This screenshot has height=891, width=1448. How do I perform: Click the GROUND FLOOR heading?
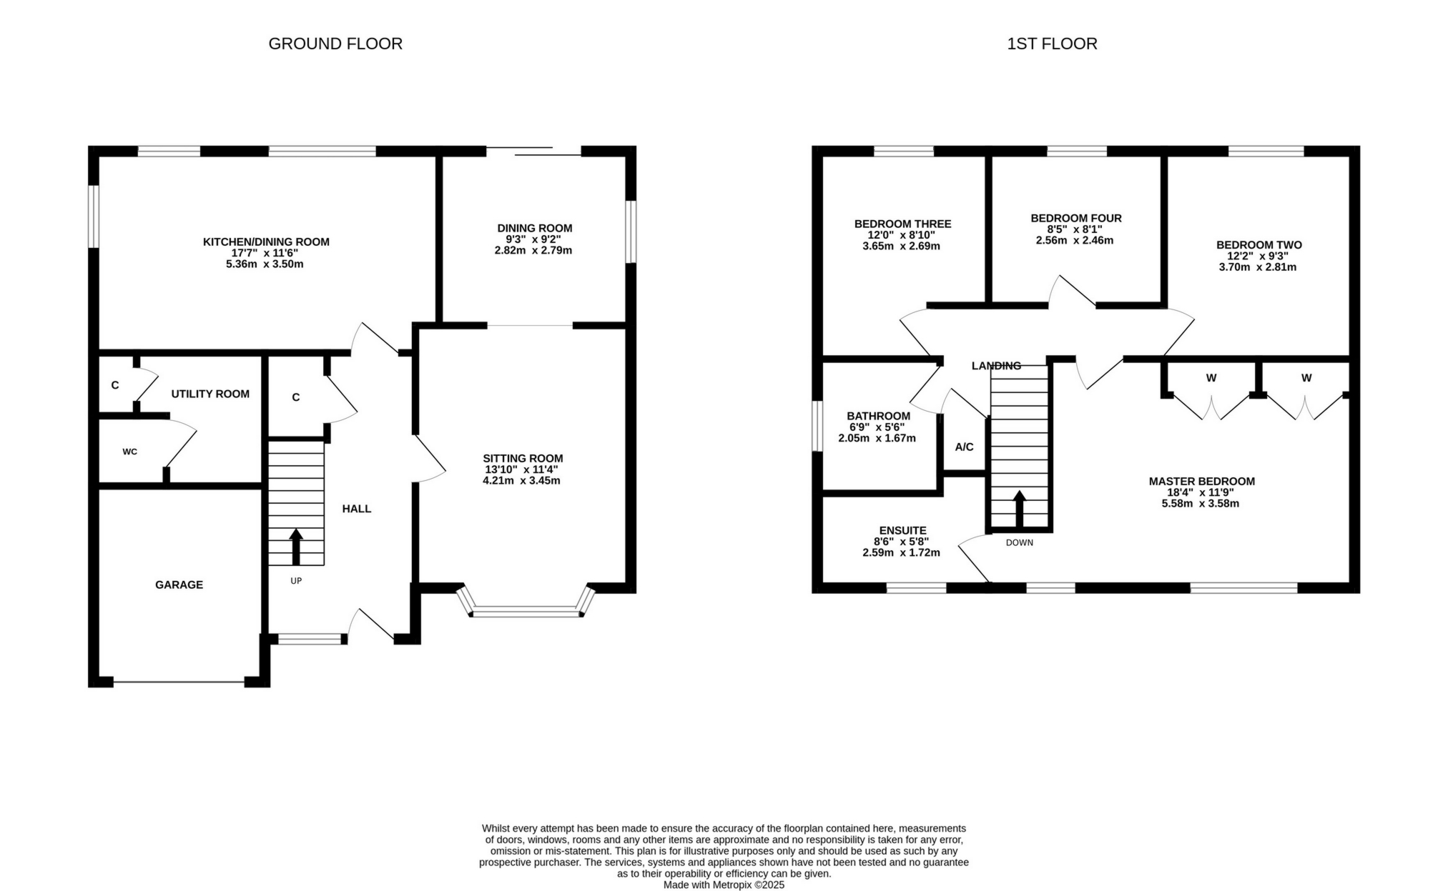[x=335, y=44]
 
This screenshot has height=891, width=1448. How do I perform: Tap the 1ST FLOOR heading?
[x=1052, y=44]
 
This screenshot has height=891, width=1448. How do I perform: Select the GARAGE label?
[x=179, y=584]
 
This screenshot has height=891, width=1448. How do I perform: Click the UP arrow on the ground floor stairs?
[x=295, y=547]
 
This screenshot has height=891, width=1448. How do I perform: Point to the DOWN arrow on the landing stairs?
[x=1019, y=509]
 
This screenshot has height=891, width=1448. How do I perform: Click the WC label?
[x=129, y=452]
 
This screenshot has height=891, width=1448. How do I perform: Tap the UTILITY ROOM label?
[x=210, y=394]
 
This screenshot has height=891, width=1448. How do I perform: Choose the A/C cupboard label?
[x=964, y=447]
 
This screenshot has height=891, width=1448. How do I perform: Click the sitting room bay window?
[x=526, y=611]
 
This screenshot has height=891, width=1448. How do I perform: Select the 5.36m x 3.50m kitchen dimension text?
[x=265, y=264]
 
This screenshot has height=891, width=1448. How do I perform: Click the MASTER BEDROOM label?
[x=1201, y=482]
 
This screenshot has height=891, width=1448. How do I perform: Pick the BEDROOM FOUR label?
[x=1075, y=218]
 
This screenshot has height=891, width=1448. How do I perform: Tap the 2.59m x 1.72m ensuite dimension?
[x=901, y=553]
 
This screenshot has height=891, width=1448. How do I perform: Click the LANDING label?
[x=996, y=366]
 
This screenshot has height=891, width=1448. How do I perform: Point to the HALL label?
[x=356, y=509]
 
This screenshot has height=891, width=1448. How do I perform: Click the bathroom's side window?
[x=817, y=426]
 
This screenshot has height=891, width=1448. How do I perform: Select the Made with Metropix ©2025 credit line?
[x=724, y=885]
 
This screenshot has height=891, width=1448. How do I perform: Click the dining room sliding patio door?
[x=533, y=151]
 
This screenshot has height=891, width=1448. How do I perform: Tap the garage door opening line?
[x=179, y=682]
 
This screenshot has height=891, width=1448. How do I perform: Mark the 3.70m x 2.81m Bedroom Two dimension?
[x=1257, y=267]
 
